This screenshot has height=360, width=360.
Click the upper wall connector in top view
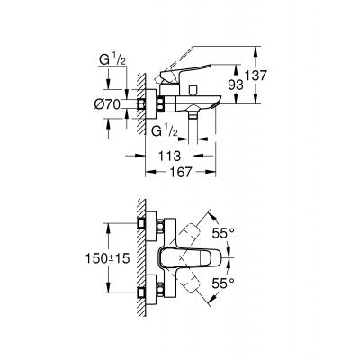coord(145,222)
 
